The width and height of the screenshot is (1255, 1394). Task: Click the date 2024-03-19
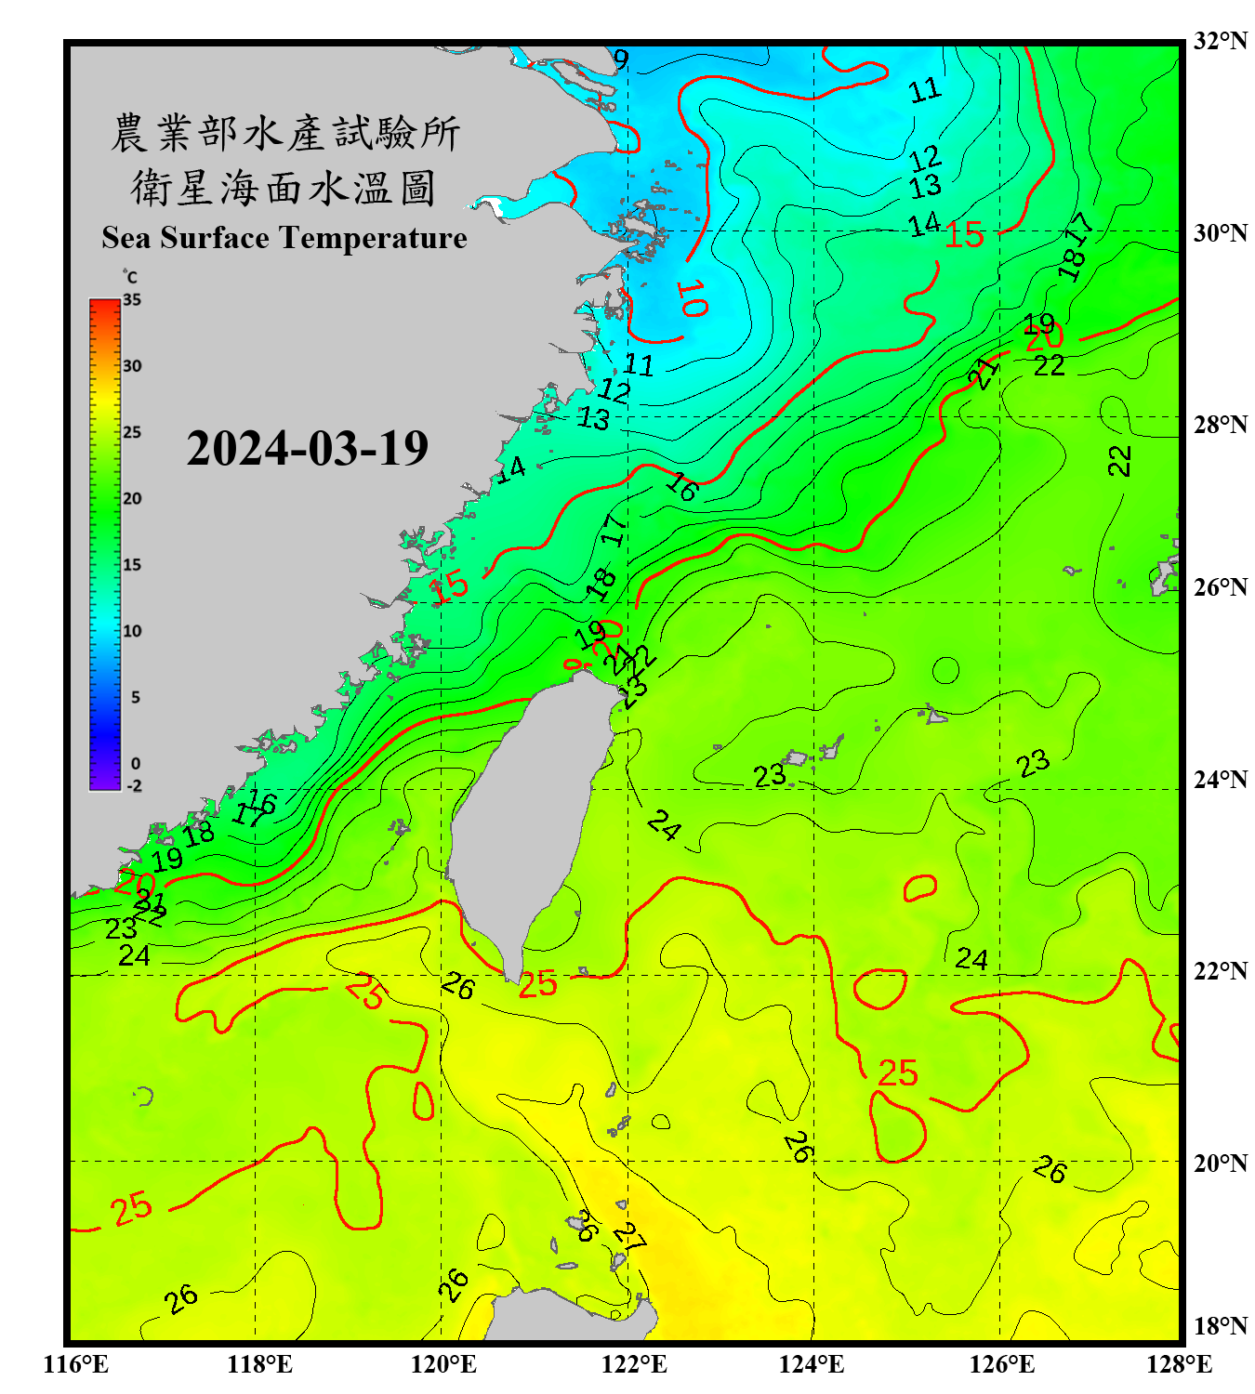307,449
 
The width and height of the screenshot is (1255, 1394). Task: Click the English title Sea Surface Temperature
284,238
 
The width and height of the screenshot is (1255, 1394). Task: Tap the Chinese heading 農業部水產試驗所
284,133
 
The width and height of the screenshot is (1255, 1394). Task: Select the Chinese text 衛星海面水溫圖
284,189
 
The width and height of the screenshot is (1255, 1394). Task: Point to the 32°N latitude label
1220,41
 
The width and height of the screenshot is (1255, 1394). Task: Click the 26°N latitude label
1220,587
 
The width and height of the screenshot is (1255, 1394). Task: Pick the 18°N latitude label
1220,1326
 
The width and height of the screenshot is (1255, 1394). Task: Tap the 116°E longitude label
76,1364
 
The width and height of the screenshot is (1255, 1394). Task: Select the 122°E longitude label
634,1364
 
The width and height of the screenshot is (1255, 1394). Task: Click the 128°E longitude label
1179,1364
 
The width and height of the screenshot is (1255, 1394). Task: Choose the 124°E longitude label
812,1364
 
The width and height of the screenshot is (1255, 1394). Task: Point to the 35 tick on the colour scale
132,300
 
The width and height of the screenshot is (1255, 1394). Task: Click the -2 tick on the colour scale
134,786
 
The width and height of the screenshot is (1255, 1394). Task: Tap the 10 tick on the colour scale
132,631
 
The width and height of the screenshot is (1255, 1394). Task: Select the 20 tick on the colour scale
132,499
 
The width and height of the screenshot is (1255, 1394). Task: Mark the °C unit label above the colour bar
130,277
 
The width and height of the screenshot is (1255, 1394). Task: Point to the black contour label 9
621,59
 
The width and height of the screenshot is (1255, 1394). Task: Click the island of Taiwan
530,818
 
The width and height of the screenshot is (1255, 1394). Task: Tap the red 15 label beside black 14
964,235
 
